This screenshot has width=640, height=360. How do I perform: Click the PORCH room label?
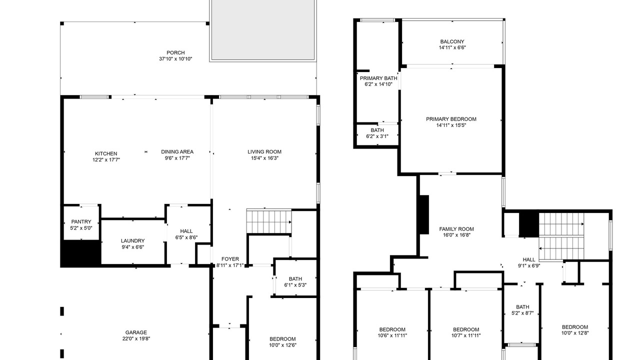175,53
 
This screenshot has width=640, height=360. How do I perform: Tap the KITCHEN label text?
106,153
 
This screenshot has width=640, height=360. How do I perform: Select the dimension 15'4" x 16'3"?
264,158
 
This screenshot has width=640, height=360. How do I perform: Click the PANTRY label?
81,221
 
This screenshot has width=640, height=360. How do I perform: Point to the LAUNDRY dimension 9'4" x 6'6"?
132,247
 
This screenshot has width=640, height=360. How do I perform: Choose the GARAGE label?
136,332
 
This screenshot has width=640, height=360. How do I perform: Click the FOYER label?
230,259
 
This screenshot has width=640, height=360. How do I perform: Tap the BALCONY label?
452,41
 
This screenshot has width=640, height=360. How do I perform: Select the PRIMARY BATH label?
378,78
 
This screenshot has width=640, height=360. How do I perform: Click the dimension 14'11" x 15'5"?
451,125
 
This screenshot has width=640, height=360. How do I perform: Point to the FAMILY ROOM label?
456,229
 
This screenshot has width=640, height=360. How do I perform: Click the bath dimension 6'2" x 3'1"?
377,136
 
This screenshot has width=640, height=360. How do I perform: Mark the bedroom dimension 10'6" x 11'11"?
392,335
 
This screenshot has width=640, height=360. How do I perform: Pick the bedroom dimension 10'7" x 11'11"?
465,335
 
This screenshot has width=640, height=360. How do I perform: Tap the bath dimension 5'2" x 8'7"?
522,313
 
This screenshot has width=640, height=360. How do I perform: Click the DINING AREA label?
177,152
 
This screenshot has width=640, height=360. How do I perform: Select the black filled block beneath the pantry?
81,253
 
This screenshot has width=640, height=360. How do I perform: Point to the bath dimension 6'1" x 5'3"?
295,285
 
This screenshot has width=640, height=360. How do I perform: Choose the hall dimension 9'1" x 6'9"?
529,265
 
